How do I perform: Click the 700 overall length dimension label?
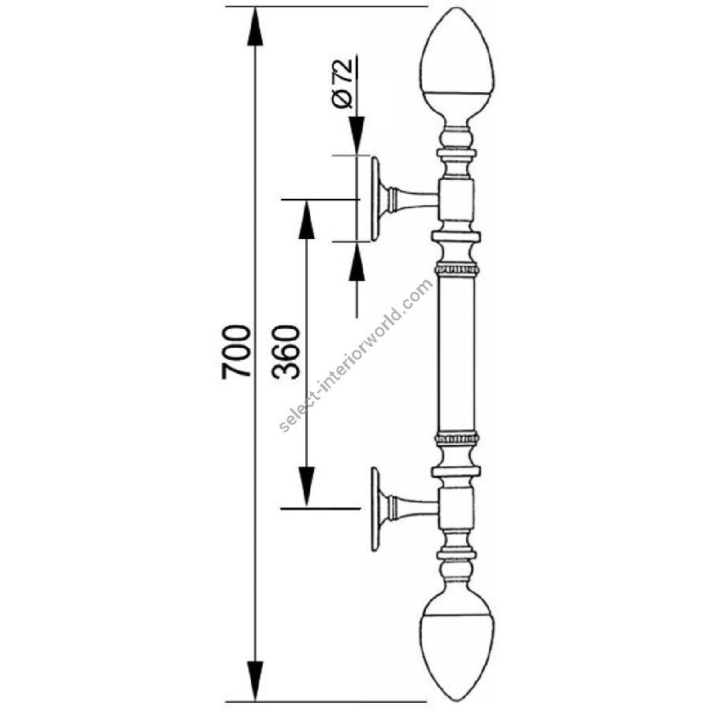tap(237, 351)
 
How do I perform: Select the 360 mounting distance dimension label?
tap(286, 351)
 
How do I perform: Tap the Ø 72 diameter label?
tap(343, 84)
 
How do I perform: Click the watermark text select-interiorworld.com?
tap(356, 356)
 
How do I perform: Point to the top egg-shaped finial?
tap(457, 68)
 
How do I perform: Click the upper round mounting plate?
tap(376, 199)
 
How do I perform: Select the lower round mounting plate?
tap(376, 510)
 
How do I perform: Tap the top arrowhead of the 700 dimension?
tap(255, 26)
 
